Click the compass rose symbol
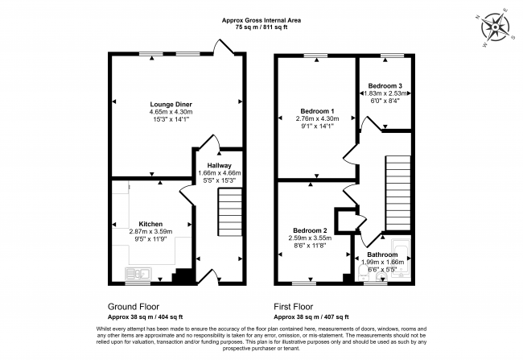(496, 27)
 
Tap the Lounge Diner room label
(171, 105)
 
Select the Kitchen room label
(150, 224)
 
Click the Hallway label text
(219, 165)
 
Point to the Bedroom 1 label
(317, 111)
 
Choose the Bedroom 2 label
(310, 230)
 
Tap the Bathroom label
(382, 254)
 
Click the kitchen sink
(138, 274)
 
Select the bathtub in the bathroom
(402, 259)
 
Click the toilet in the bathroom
(361, 273)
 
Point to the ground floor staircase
(230, 212)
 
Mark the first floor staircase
(398, 192)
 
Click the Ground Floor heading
(134, 307)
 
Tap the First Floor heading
(294, 307)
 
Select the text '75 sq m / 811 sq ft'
(261, 27)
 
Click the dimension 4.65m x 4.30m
(171, 112)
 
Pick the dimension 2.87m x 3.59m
(150, 231)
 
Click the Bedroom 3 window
(393, 55)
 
